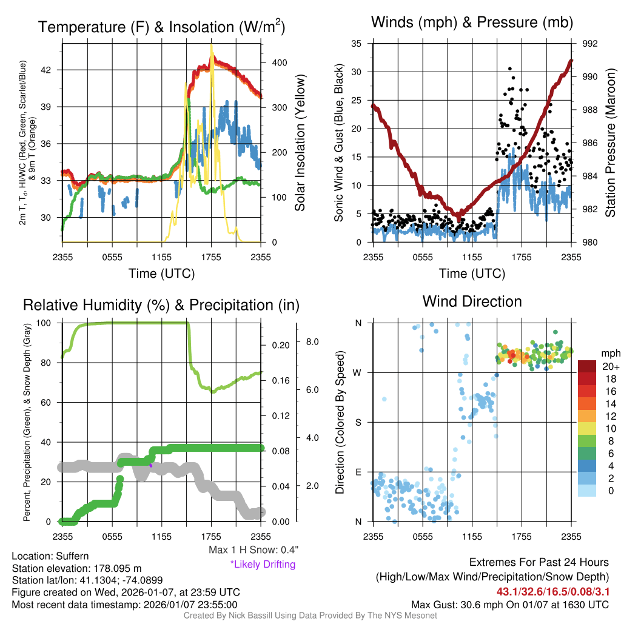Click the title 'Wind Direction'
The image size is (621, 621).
tap(472, 301)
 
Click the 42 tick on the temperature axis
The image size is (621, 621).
tap(52, 70)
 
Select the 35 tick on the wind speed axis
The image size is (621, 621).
tap(357, 44)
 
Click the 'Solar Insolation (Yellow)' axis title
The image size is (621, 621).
tap(300, 143)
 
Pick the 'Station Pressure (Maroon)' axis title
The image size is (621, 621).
tap(610, 143)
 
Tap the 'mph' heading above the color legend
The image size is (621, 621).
tap(609, 353)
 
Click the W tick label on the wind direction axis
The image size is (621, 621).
tap(358, 372)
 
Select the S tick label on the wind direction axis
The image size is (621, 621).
tap(358, 422)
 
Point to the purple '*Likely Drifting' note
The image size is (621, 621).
tap(263, 565)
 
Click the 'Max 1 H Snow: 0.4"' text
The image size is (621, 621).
tap(253, 550)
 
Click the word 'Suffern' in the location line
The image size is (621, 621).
tap(72, 556)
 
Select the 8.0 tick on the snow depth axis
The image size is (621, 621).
tap(312, 341)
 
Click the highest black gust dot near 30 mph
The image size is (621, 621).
tap(510, 69)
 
